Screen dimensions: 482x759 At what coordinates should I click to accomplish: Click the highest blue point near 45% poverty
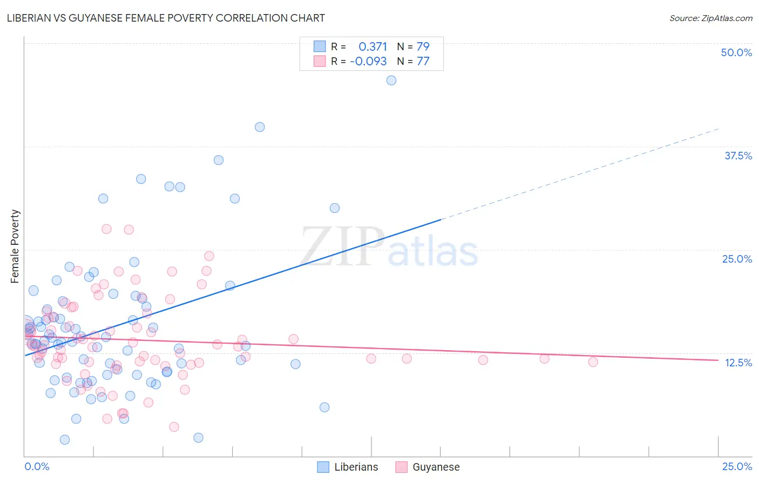391,81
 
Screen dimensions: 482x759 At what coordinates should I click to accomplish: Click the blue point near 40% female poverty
260,127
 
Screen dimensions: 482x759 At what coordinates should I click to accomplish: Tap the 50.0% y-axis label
736,52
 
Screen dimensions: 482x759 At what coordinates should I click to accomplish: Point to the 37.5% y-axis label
738,156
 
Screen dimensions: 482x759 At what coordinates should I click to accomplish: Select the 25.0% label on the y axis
737,259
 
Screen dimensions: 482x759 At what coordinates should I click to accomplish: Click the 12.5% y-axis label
738,363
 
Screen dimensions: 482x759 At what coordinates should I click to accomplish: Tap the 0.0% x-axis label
37,466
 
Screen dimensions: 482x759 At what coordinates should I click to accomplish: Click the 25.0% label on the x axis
737,466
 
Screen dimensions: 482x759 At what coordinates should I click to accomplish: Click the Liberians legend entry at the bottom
356,467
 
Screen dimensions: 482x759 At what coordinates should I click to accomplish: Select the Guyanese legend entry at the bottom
436,467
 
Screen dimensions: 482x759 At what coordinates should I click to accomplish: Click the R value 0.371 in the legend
372,46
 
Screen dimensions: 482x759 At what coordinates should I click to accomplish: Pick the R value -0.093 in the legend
368,61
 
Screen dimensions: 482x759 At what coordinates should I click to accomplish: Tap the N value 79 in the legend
423,46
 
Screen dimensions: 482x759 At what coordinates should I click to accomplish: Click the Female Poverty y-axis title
15,246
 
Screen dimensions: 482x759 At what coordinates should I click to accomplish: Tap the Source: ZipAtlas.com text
710,18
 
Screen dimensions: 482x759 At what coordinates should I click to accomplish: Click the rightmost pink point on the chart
593,362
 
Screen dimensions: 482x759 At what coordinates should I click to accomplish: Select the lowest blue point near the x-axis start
65,440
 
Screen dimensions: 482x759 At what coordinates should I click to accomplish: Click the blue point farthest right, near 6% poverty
324,407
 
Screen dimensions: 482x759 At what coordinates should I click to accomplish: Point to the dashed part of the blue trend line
583,173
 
